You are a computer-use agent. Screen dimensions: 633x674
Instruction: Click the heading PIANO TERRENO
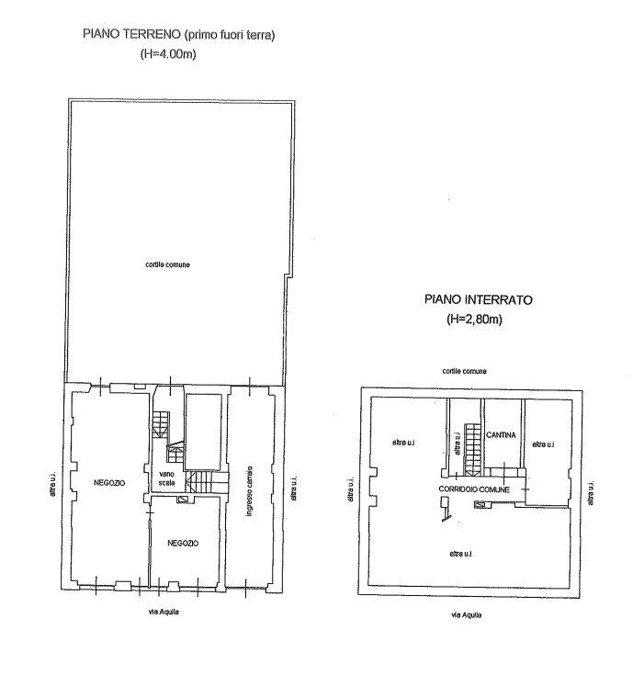point(131,35)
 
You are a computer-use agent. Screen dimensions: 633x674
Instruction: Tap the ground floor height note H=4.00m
point(168,54)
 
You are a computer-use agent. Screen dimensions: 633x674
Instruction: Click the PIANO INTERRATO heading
point(478,299)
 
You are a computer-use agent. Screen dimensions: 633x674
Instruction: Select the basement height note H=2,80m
point(474,320)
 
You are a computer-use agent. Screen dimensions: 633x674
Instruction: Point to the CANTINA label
point(501,435)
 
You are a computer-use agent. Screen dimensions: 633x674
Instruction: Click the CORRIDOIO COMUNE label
point(474,489)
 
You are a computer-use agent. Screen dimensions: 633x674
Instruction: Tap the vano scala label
point(166,478)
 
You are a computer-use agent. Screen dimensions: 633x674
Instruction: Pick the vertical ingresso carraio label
point(249,490)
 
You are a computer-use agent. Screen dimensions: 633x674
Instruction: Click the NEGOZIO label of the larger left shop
point(109,483)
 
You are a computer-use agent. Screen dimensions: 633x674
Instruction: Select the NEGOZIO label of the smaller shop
point(183,543)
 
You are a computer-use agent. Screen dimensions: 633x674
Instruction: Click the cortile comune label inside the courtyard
point(167,264)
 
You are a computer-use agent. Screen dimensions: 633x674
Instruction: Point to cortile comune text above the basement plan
point(465,371)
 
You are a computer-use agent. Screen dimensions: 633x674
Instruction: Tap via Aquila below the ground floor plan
point(164,612)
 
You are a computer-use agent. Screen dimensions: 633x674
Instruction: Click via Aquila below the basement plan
point(466,615)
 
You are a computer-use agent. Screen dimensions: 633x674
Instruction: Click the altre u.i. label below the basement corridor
point(460,554)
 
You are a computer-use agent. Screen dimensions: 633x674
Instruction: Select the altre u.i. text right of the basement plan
point(591,493)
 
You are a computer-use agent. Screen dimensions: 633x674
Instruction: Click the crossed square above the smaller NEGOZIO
point(183,499)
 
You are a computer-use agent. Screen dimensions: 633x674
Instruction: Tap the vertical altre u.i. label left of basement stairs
point(458,444)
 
